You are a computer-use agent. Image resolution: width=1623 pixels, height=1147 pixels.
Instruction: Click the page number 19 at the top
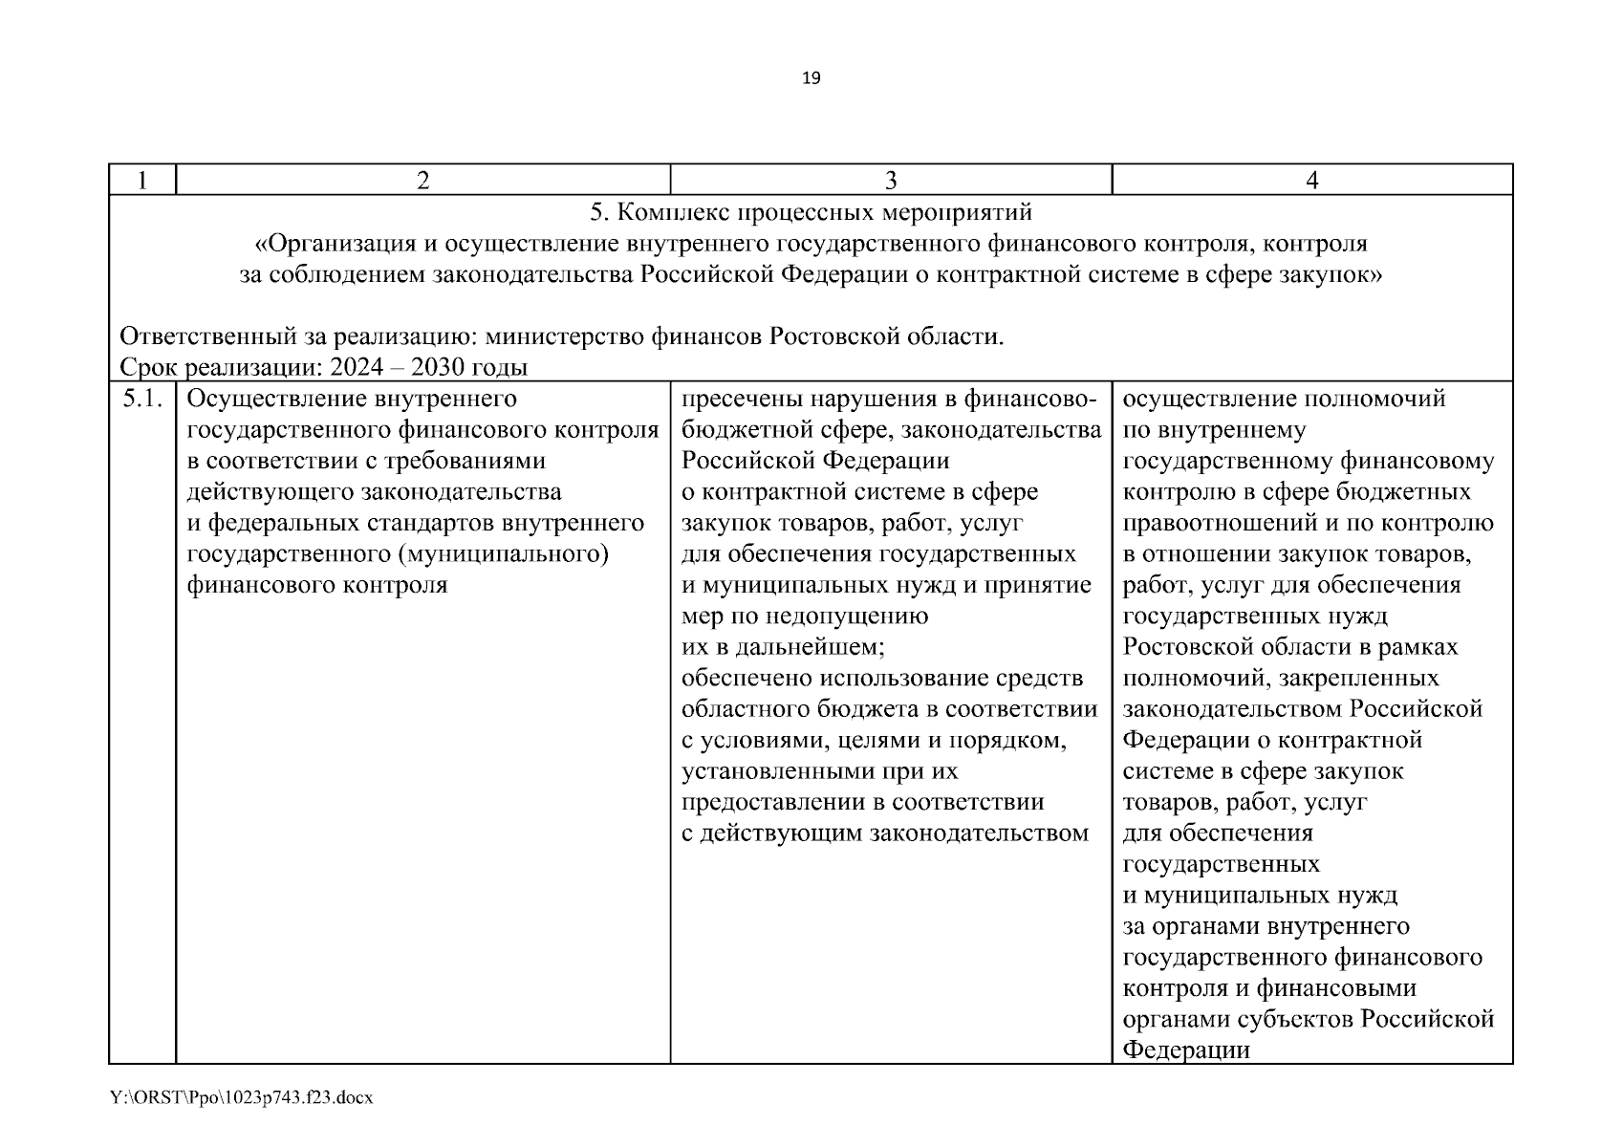point(811,78)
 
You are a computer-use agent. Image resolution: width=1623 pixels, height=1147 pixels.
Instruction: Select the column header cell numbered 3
point(891,180)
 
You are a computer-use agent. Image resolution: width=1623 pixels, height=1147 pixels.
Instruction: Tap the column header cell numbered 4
point(1311,180)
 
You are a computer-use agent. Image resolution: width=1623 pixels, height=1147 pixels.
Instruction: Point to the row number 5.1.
point(142,399)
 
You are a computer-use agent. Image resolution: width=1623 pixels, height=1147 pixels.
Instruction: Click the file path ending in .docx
point(242,1098)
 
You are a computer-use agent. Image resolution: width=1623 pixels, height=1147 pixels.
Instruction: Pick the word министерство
point(564,336)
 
